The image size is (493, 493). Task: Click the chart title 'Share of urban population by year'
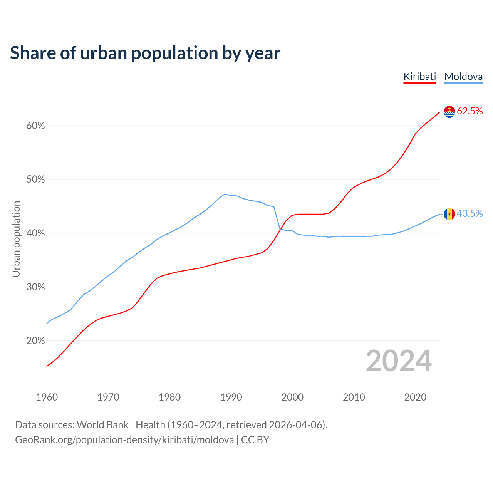pos(145,53)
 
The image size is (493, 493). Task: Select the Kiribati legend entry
pos(420,77)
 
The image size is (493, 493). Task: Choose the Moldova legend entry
pos(463,77)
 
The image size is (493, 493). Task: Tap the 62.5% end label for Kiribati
pos(470,111)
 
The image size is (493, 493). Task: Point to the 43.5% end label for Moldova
pos(470,214)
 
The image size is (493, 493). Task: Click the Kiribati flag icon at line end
pos(449,112)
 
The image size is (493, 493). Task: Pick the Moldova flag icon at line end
pos(449,214)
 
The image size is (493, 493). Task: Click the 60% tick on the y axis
pos(35,126)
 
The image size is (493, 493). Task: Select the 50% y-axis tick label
pos(35,179)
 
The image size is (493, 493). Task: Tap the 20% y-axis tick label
pos(35,341)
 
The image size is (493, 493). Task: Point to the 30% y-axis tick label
pos(35,287)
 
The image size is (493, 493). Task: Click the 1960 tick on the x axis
pos(47,397)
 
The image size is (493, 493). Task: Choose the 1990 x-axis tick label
pos(231,397)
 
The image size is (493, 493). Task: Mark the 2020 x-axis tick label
pos(415,397)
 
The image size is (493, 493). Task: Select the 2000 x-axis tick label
pos(292,397)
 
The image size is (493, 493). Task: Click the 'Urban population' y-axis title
pos(16,239)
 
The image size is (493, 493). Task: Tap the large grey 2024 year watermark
pos(399,361)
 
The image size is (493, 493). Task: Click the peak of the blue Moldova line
pos(225,194)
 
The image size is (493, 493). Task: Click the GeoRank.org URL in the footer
pos(124,440)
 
